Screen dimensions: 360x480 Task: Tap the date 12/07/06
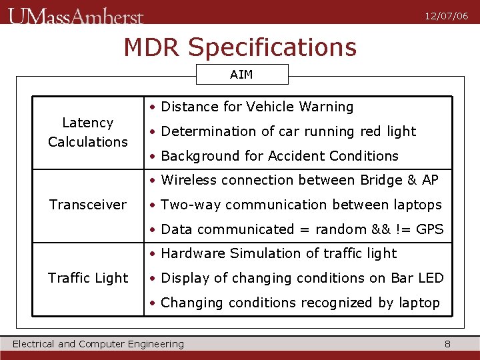pyautogui.click(x=447, y=16)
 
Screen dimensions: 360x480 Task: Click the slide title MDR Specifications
pyautogui.click(x=240, y=47)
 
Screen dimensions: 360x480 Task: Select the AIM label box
pyautogui.click(x=241, y=75)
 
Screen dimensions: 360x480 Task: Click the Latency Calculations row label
pyautogui.click(x=88, y=132)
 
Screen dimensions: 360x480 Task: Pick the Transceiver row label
pyautogui.click(x=88, y=205)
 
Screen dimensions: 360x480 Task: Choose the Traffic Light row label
pyautogui.click(x=88, y=278)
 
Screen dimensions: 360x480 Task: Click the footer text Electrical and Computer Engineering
pyautogui.click(x=99, y=344)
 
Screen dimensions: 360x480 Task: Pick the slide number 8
pyautogui.click(x=447, y=344)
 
